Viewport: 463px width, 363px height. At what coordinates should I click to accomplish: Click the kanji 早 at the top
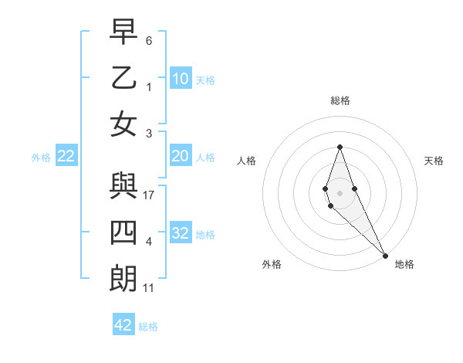click(x=123, y=32)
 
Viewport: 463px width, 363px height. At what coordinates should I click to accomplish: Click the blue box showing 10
click(x=181, y=79)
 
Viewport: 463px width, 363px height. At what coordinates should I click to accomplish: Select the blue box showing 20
click(x=181, y=157)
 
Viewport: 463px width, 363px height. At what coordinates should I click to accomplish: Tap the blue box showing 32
click(x=181, y=233)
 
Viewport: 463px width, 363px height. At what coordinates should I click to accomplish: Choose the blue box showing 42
click(x=123, y=325)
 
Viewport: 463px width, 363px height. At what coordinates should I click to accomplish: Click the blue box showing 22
click(x=66, y=157)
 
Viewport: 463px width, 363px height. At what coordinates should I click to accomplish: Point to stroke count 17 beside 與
click(x=149, y=195)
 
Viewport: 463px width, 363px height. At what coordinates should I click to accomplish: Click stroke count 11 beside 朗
click(x=149, y=288)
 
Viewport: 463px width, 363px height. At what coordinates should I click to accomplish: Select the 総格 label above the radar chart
click(x=340, y=100)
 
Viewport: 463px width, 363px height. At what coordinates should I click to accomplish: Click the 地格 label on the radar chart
click(x=404, y=264)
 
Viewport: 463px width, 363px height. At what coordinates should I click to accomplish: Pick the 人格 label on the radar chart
click(x=246, y=161)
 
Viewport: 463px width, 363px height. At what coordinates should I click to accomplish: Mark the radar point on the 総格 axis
click(x=340, y=148)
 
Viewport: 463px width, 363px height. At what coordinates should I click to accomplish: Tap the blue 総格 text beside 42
click(x=148, y=327)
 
